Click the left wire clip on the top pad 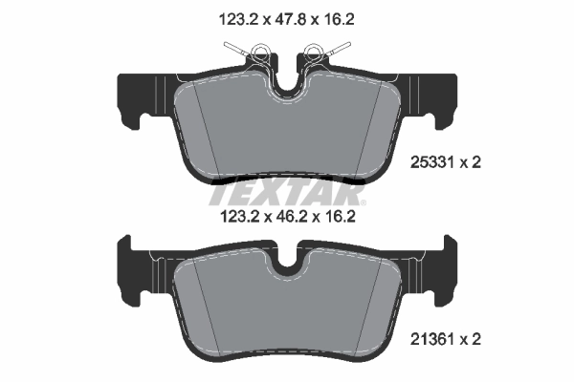243,54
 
